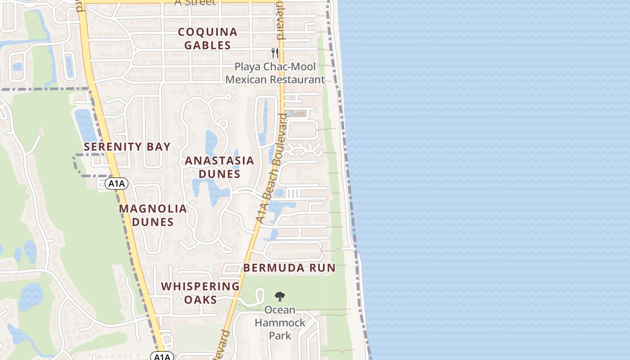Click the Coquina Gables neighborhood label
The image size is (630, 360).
pos(207,39)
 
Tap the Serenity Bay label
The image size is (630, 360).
pos(127,147)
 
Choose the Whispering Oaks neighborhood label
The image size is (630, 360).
pos(200,293)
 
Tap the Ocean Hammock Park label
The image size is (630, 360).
pos(280,323)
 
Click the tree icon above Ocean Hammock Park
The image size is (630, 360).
pos(280,296)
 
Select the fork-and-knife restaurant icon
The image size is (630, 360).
pos(275,53)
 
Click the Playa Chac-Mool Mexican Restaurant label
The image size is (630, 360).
pos(275,73)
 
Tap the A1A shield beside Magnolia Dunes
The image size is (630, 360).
pos(117,184)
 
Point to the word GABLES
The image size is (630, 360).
pos(207,45)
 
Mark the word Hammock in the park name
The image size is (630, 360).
pos(280,323)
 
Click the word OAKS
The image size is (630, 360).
pos(200,300)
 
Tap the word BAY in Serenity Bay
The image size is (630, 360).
pos(157,147)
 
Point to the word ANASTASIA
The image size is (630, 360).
pos(220,161)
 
